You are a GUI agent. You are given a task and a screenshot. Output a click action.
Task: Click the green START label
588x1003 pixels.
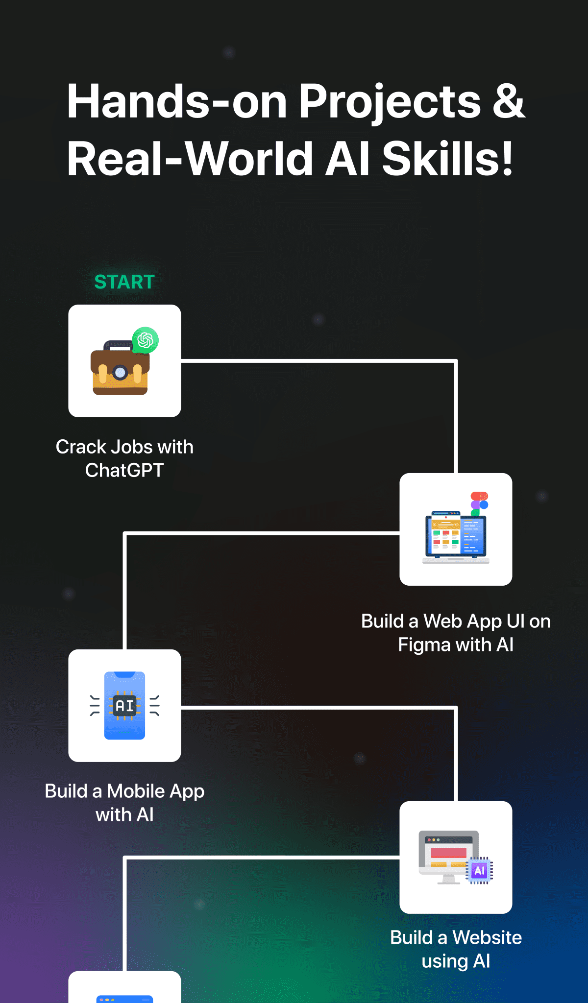[x=124, y=282]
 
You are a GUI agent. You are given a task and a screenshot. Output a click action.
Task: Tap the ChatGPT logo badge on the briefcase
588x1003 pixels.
[x=146, y=340]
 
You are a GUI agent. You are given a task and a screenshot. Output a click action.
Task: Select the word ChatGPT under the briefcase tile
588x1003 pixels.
[x=124, y=470]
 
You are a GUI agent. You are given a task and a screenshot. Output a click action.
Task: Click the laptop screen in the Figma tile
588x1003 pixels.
[x=456, y=536]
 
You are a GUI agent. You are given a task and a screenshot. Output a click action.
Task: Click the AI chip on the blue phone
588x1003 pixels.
[x=124, y=706]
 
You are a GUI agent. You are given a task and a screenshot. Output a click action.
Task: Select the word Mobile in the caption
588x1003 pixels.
[x=136, y=791]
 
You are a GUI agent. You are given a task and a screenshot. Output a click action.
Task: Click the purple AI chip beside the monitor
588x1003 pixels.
[x=479, y=870]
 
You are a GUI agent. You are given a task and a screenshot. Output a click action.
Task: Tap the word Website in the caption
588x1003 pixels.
[x=487, y=937]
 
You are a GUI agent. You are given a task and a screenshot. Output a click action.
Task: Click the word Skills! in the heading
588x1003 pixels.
[x=447, y=158]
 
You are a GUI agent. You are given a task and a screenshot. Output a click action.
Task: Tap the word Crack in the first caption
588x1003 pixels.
[x=81, y=447]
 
